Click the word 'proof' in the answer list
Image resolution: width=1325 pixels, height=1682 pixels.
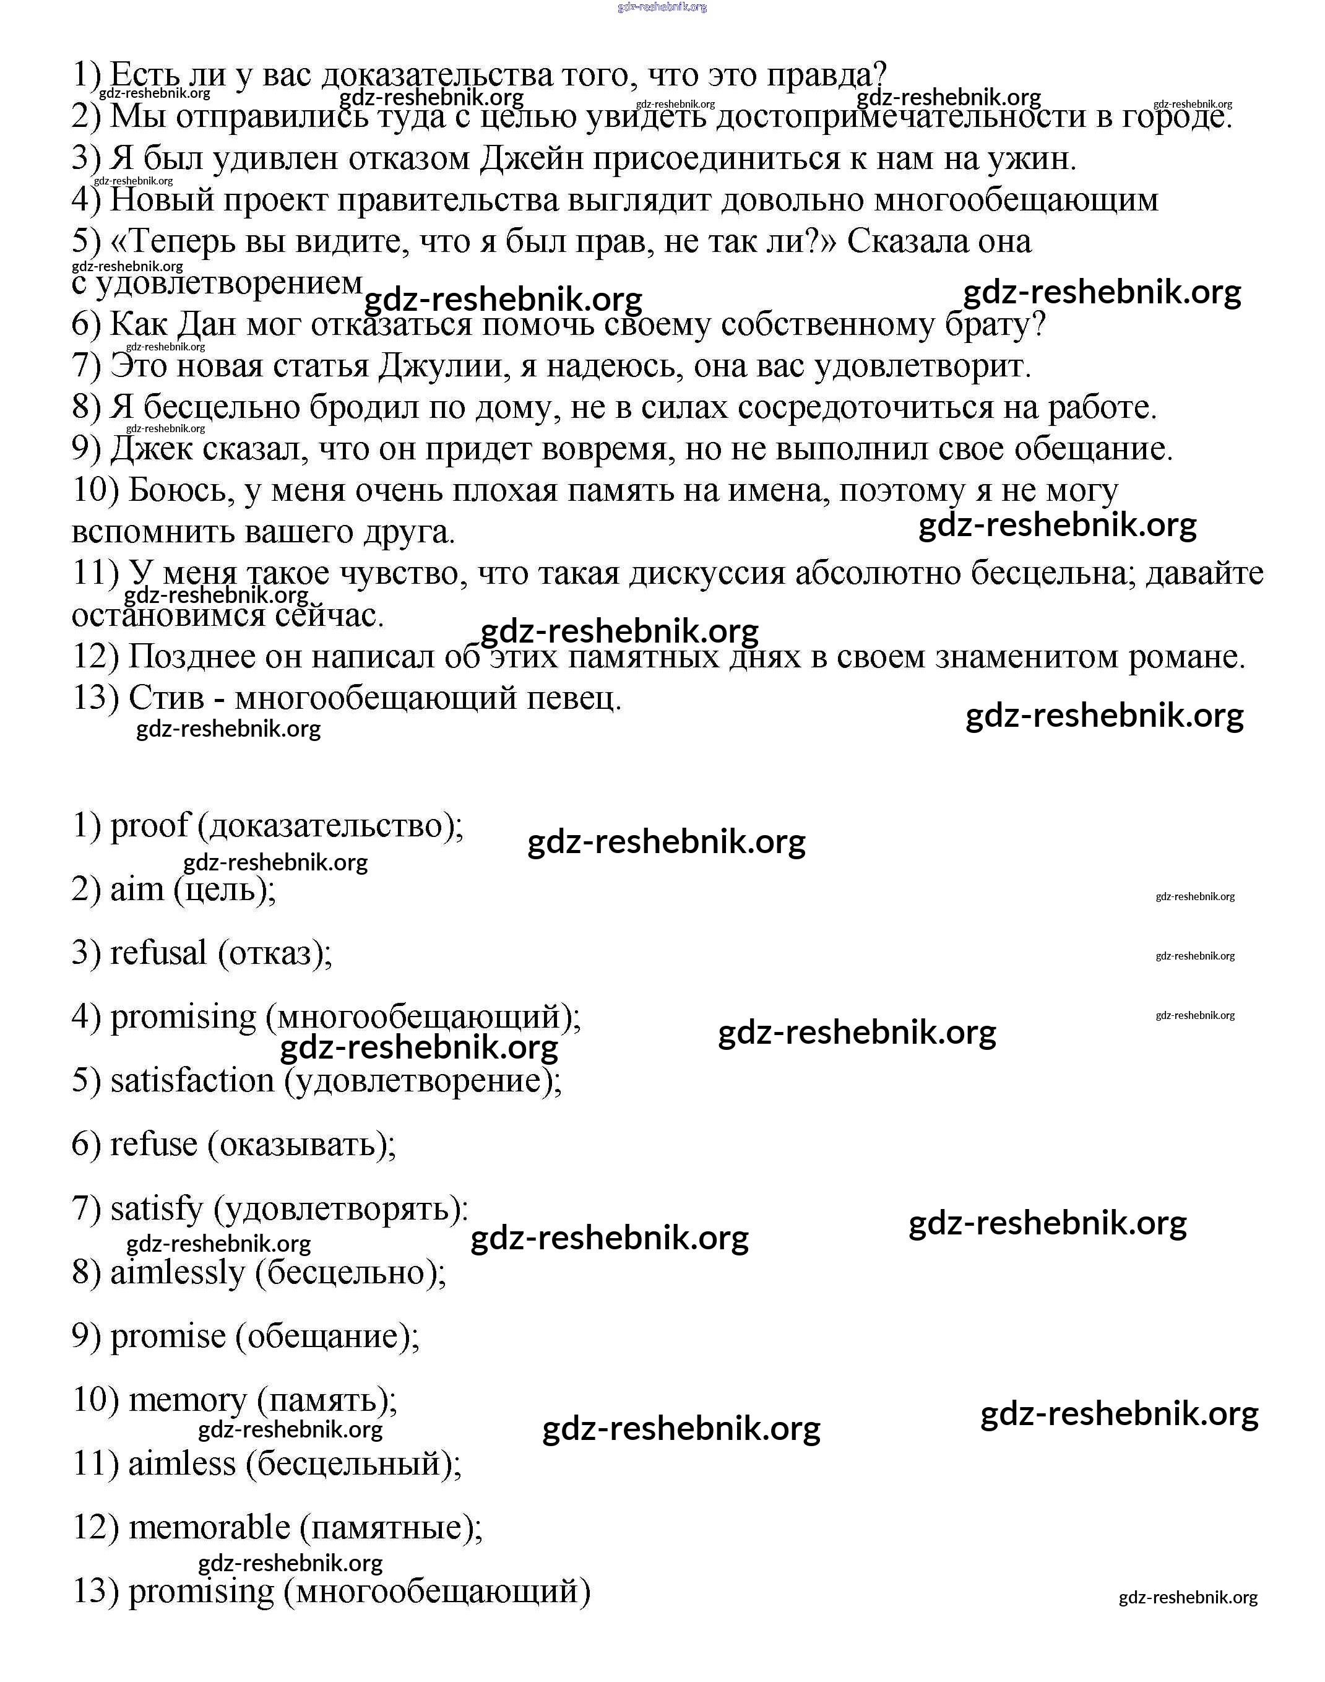[x=149, y=825]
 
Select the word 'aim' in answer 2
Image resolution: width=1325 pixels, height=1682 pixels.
[x=137, y=889]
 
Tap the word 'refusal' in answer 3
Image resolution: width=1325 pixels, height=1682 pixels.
[x=158, y=953]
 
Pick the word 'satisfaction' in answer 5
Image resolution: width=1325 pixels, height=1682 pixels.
[x=192, y=1081]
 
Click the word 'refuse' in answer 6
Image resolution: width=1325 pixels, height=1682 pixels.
[x=153, y=1145]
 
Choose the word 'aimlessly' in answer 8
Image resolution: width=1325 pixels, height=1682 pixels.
[x=177, y=1272]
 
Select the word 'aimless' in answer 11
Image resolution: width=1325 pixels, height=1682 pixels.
[x=181, y=1464]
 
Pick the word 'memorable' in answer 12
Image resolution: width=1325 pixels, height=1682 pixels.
[x=209, y=1528]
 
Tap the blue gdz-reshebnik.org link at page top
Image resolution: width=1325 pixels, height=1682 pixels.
[x=662, y=7]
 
